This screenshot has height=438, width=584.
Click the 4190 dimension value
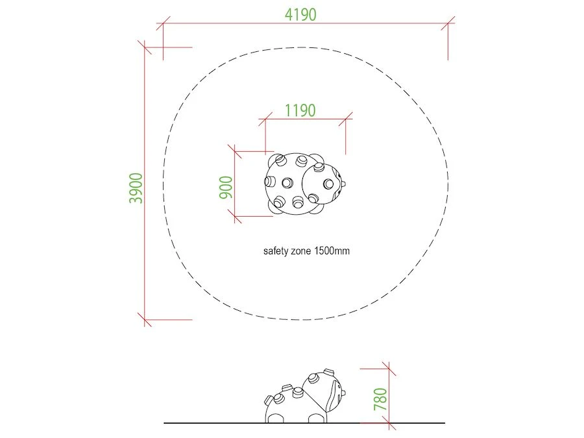tap(300, 14)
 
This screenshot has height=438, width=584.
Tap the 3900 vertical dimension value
tap(136, 188)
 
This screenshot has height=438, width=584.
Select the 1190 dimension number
tap(300, 110)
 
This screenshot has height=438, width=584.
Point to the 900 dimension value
tap(226, 188)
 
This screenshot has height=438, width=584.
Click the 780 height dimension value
tap(381, 399)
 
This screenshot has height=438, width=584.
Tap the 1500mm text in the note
tap(332, 250)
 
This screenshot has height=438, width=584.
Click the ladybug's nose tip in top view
tap(343, 184)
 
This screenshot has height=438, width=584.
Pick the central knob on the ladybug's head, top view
tap(328, 184)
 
